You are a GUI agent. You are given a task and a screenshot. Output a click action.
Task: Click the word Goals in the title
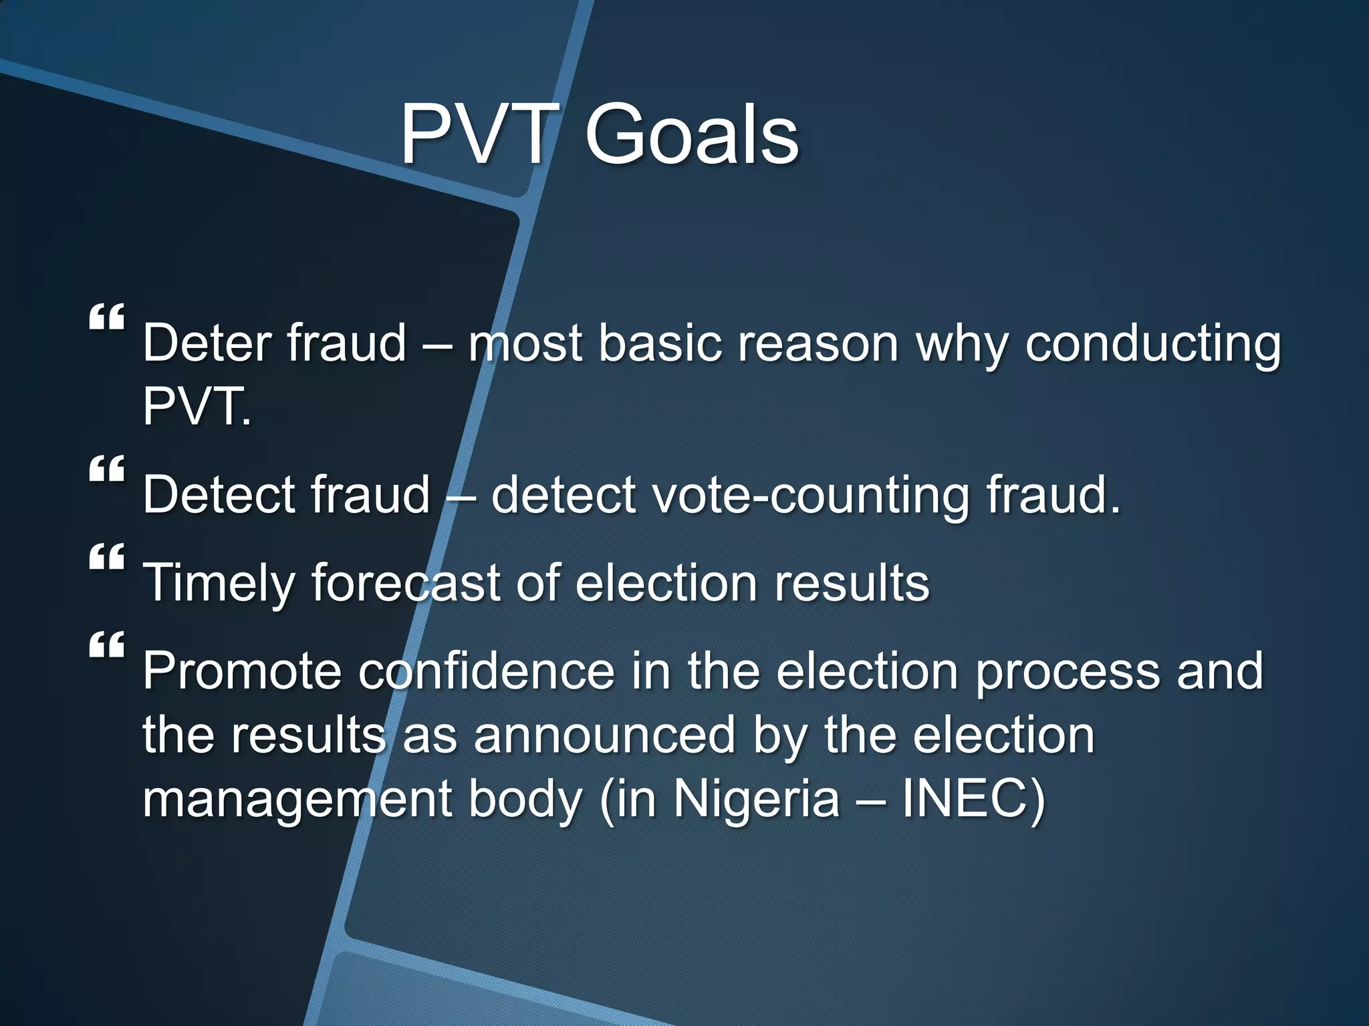coord(691,136)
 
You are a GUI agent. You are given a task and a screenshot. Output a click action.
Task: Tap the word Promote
coord(242,671)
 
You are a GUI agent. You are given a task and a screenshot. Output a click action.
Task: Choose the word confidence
coord(486,671)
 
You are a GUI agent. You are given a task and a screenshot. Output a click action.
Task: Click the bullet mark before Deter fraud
coord(107,317)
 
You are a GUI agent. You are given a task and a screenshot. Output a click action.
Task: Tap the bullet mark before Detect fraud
coord(107,469)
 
